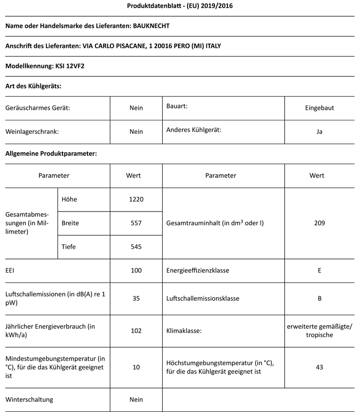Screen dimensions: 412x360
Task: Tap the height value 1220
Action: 136,199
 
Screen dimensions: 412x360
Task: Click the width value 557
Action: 136,223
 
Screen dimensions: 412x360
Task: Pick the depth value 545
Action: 136,247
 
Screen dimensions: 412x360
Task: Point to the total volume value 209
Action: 320,223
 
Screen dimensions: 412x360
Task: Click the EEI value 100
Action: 136,271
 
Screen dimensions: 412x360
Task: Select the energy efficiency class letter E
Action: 320,271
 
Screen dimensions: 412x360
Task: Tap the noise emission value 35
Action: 136,298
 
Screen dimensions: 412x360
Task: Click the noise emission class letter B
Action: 320,298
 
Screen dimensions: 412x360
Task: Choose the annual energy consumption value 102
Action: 136,330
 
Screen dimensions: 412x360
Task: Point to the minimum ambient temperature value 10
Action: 136,367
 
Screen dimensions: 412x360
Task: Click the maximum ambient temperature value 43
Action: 320,367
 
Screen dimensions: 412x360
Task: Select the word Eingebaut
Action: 320,108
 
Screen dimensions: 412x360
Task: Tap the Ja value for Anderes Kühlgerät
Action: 320,131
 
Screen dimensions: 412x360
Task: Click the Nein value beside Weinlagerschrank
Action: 136,131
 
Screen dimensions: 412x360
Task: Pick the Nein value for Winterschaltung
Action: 136,399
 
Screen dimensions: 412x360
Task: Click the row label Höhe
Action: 69,199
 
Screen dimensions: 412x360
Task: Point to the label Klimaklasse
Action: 184,330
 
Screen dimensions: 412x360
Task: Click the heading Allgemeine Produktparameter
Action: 51,154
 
